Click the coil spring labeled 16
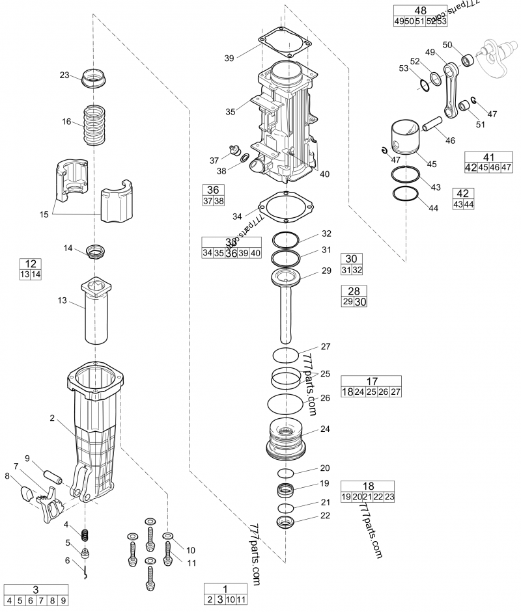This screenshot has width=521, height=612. click(96, 126)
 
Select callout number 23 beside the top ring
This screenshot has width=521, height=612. click(64, 75)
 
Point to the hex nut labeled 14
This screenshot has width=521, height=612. click(96, 250)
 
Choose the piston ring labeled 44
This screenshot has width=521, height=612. click(404, 194)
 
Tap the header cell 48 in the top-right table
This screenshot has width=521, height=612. click(421, 10)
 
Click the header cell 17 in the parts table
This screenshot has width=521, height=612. click(371, 381)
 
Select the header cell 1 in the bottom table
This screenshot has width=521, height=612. click(225, 588)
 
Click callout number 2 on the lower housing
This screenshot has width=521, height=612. click(51, 419)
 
